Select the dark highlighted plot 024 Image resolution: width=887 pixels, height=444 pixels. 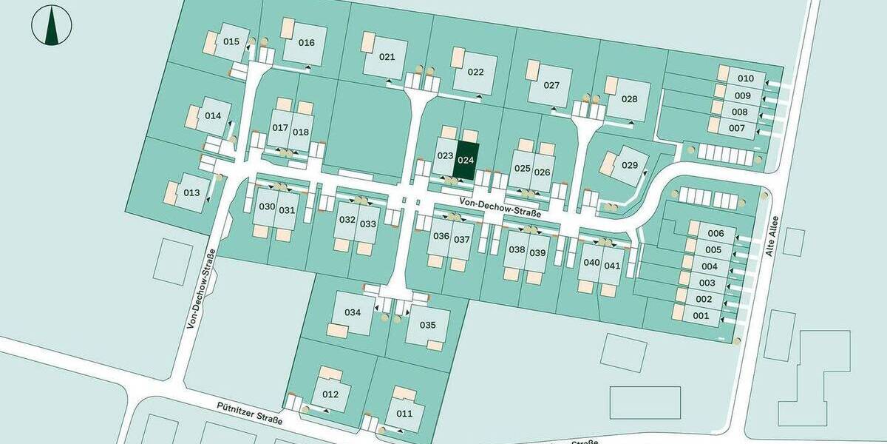466,160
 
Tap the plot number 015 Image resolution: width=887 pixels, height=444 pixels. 231,41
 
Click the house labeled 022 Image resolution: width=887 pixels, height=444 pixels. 475,72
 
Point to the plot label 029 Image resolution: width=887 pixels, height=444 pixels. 629,165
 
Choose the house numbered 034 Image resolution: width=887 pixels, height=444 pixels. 353,312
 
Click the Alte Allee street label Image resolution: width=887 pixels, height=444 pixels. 775,235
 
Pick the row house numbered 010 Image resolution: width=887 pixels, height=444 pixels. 745,78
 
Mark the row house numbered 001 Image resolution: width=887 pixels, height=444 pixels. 701,316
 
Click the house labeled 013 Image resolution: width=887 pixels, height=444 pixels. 191,193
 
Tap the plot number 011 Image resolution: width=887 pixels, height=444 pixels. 404,413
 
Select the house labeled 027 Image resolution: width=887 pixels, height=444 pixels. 551,85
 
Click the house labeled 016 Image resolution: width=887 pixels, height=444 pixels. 307,42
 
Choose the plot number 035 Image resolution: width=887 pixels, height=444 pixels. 428,325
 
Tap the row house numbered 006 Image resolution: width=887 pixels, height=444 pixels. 715,234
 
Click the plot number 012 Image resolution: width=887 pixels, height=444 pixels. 330,394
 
